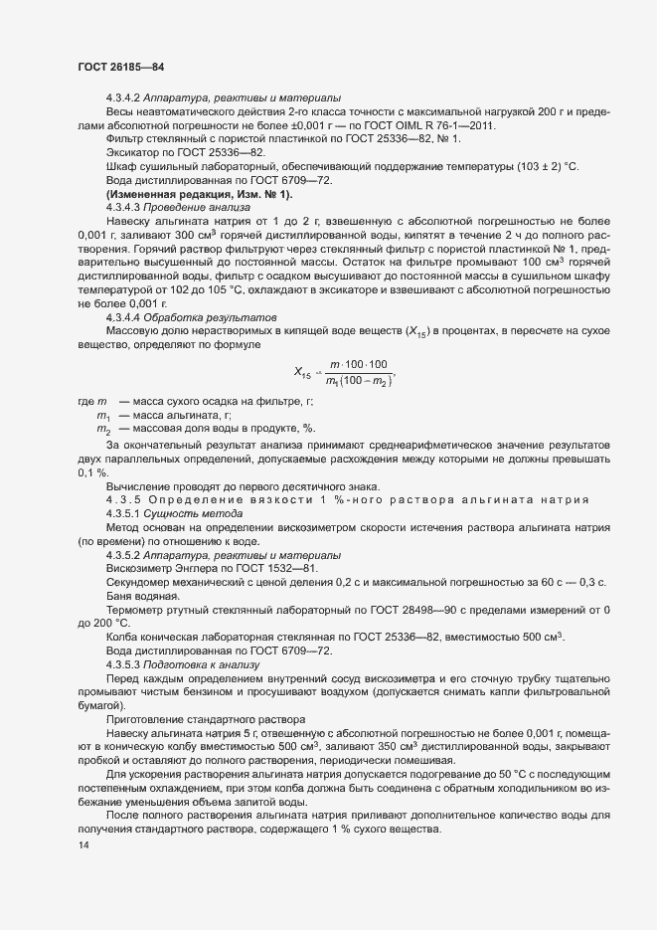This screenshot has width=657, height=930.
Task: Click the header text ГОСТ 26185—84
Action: (120, 68)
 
